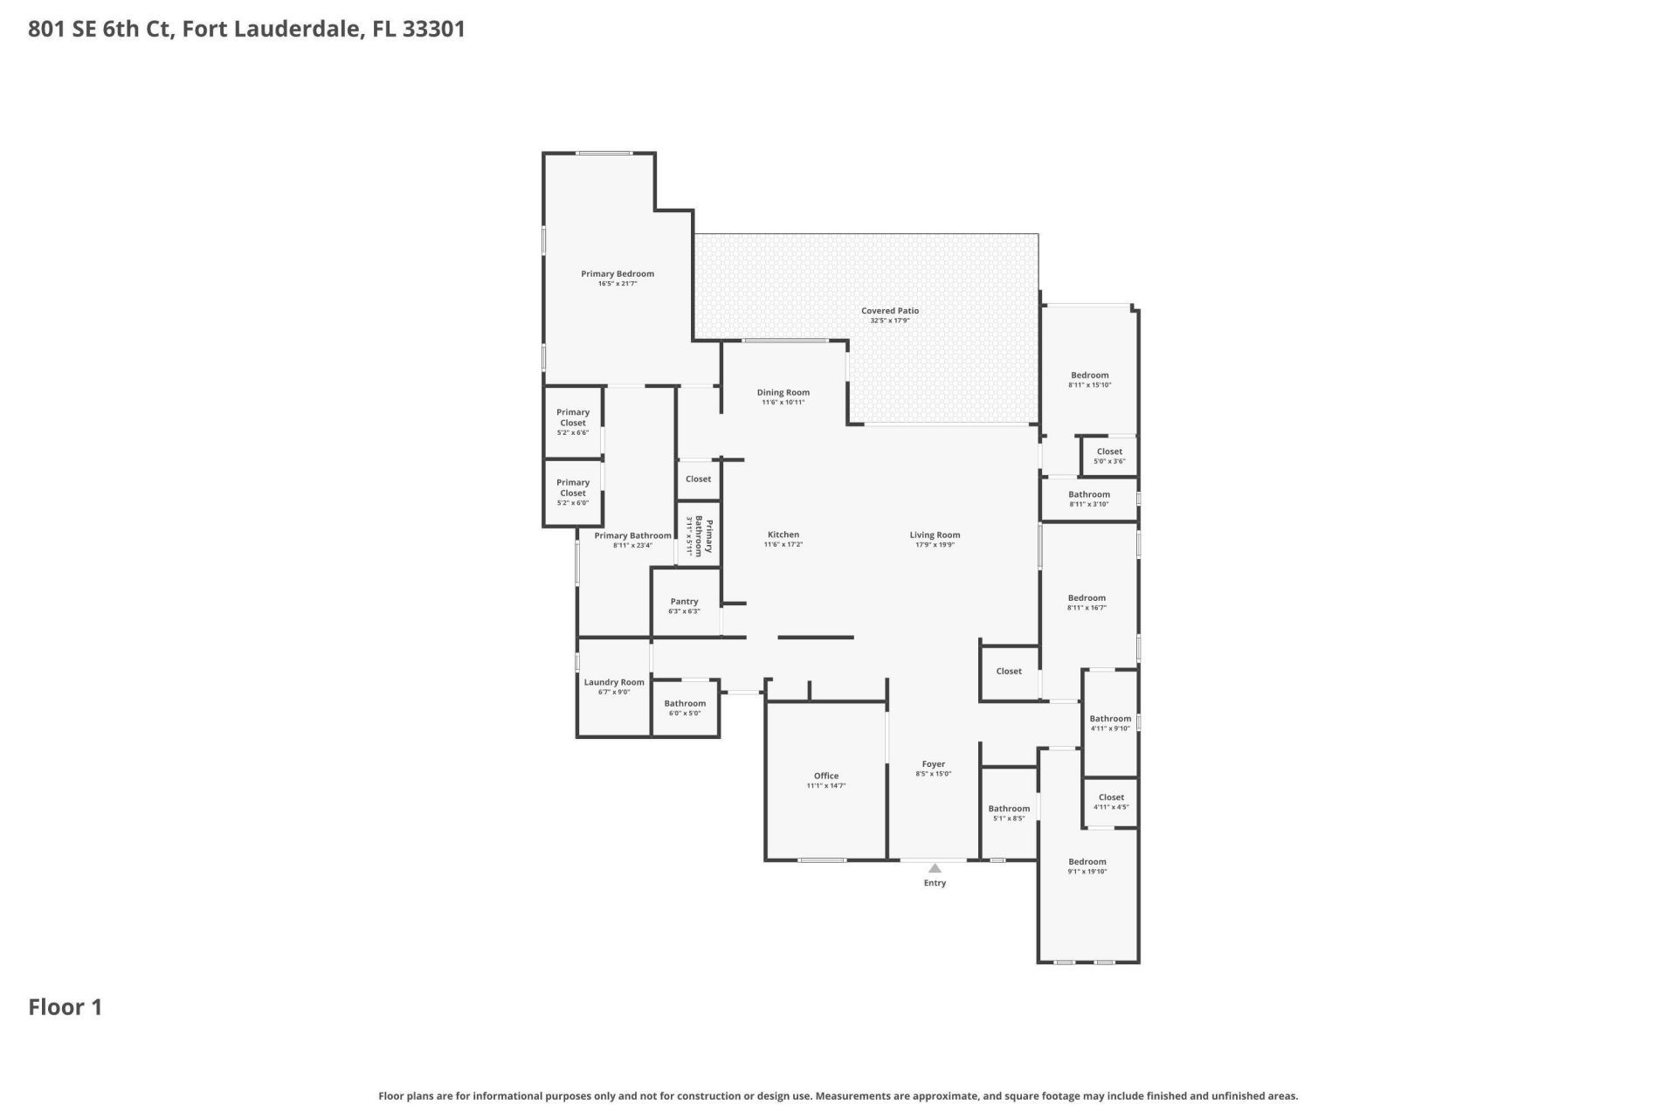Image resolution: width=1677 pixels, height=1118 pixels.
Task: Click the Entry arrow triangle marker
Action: [935, 868]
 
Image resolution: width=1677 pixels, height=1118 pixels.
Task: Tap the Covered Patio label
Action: [889, 311]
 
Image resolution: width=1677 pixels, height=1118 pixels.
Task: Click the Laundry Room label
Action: [614, 682]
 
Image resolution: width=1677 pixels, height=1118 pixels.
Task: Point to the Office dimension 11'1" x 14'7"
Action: [825, 786]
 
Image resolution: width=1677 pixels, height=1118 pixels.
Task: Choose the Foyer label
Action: [933, 764]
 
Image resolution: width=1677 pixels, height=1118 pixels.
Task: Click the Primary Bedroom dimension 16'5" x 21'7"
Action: [617, 284]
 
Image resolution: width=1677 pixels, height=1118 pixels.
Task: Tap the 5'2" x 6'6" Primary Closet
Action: [573, 422]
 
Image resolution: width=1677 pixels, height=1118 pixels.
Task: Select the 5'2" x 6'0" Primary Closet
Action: [573, 492]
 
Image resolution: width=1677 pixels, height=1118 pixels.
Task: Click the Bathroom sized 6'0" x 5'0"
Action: [685, 707]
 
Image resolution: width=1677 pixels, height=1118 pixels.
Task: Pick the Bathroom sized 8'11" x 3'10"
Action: [1088, 499]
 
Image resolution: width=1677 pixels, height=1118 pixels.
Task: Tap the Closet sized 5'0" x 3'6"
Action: [1109, 456]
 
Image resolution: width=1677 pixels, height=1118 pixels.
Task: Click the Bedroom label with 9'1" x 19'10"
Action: [1087, 861]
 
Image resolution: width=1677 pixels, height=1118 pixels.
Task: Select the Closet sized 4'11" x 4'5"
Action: [1111, 801]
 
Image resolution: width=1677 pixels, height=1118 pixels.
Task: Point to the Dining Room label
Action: [783, 392]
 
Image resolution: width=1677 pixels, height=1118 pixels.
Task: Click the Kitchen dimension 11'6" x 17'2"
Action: [783, 545]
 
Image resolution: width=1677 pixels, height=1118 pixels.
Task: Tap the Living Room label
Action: [935, 535]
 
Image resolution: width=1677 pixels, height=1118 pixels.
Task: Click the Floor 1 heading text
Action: [66, 1007]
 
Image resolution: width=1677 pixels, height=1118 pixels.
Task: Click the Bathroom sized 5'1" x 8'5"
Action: [1009, 813]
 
